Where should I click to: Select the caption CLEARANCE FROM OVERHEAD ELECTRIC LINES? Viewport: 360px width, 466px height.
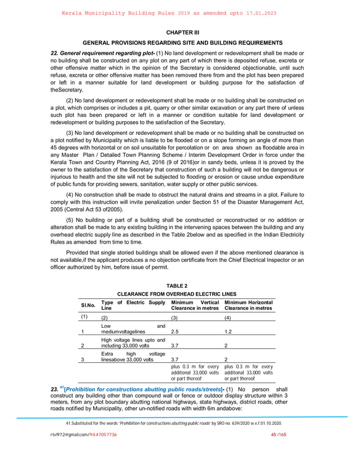[177, 294]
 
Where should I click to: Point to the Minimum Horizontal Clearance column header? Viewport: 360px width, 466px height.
[248, 305]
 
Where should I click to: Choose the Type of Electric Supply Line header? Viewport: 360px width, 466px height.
[133, 305]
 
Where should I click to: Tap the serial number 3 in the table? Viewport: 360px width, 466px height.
[82, 359]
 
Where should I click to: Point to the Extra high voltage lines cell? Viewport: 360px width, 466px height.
[133, 355]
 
